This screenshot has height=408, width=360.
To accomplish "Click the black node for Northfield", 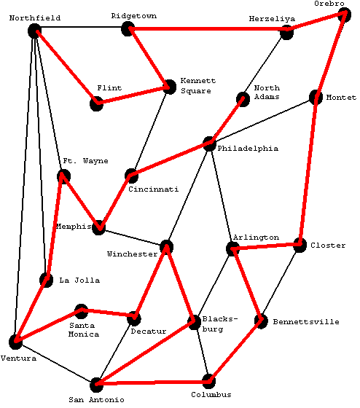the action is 35,31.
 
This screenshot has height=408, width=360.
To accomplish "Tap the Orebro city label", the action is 329,4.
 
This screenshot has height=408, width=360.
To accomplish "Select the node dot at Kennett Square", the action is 170,87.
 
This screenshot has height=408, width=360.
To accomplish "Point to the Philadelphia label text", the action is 248,149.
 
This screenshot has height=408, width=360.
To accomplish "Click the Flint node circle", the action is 96,103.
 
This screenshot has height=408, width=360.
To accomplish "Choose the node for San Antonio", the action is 96,385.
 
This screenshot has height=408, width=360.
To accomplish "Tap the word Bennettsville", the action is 306,322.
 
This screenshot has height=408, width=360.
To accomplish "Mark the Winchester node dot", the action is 166,247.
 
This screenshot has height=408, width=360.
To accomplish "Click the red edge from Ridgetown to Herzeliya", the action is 207,29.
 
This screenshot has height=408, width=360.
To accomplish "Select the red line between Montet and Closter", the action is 308,171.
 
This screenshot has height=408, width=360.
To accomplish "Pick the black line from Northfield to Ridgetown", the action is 81,27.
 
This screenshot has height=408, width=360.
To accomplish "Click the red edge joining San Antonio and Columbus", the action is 152,382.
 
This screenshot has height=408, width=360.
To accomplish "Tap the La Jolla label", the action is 79,280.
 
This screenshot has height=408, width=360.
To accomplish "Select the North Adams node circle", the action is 243,99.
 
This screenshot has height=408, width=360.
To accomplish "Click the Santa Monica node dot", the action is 81,311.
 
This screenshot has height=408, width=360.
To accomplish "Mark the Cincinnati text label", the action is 154,189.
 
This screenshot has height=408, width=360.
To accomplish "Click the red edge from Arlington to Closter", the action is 266,247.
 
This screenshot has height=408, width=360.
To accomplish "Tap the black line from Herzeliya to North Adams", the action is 265,66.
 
